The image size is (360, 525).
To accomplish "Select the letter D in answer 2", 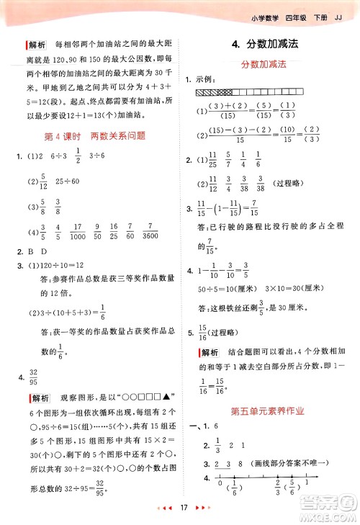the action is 45,252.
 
